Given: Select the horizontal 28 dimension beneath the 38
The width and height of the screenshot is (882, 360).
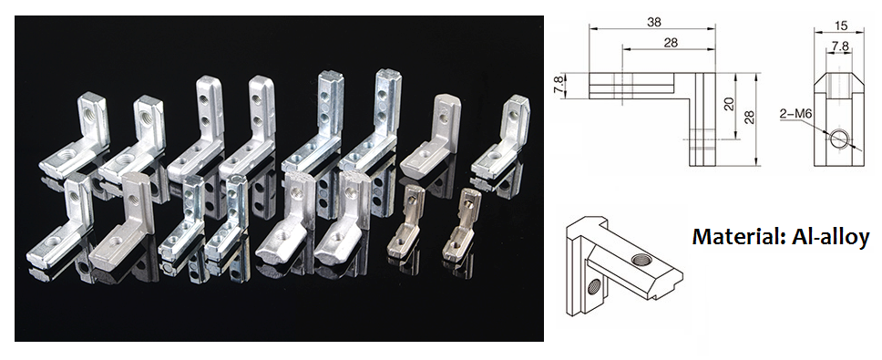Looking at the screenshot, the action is tap(671, 42).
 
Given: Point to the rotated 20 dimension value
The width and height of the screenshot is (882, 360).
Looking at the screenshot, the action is tap(730, 103).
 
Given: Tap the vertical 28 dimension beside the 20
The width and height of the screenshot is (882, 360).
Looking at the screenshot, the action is tap(749, 117).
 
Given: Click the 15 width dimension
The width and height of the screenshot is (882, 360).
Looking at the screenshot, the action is tap(841, 26).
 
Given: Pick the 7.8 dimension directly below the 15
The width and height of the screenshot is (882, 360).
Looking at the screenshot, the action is tap(840, 46).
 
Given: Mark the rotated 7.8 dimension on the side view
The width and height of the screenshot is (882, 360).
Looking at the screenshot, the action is tap(558, 86).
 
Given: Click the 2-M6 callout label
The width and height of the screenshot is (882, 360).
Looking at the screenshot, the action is tap(792, 114).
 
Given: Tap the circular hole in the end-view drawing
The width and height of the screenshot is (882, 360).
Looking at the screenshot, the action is tap(838, 139).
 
